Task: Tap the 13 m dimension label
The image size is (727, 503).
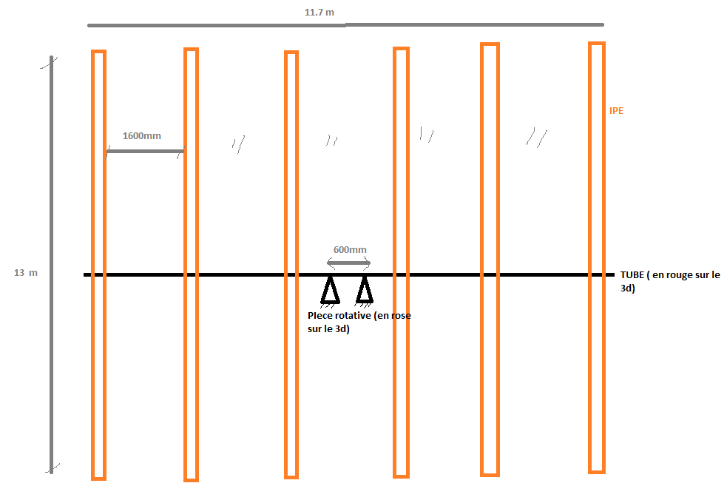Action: [x=25, y=273]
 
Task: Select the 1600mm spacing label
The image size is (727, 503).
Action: [x=141, y=136]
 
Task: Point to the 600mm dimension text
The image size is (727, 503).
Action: [x=350, y=250]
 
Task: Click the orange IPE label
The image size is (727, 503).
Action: [x=616, y=111]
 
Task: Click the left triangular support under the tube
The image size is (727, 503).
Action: [x=330, y=290]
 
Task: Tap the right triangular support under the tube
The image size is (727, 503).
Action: [x=364, y=291]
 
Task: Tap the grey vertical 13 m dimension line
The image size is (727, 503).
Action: [x=51, y=185]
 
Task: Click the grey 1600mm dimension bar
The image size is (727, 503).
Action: [x=145, y=152]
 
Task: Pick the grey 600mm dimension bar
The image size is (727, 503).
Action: [x=348, y=263]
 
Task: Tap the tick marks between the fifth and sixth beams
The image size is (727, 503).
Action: [x=537, y=137]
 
